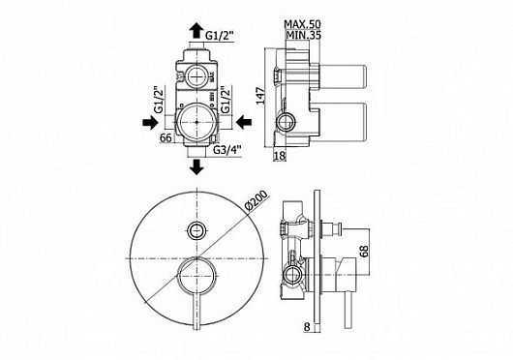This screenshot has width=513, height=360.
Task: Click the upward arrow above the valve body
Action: click(x=197, y=32)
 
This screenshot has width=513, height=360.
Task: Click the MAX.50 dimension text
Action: click(x=304, y=23)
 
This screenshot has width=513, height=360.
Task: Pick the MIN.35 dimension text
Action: click(x=302, y=36)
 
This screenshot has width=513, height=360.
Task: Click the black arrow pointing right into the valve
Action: click(x=156, y=122)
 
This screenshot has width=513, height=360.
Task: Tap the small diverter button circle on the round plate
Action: click(x=197, y=230)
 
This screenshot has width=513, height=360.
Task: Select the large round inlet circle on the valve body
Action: click(x=197, y=122)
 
